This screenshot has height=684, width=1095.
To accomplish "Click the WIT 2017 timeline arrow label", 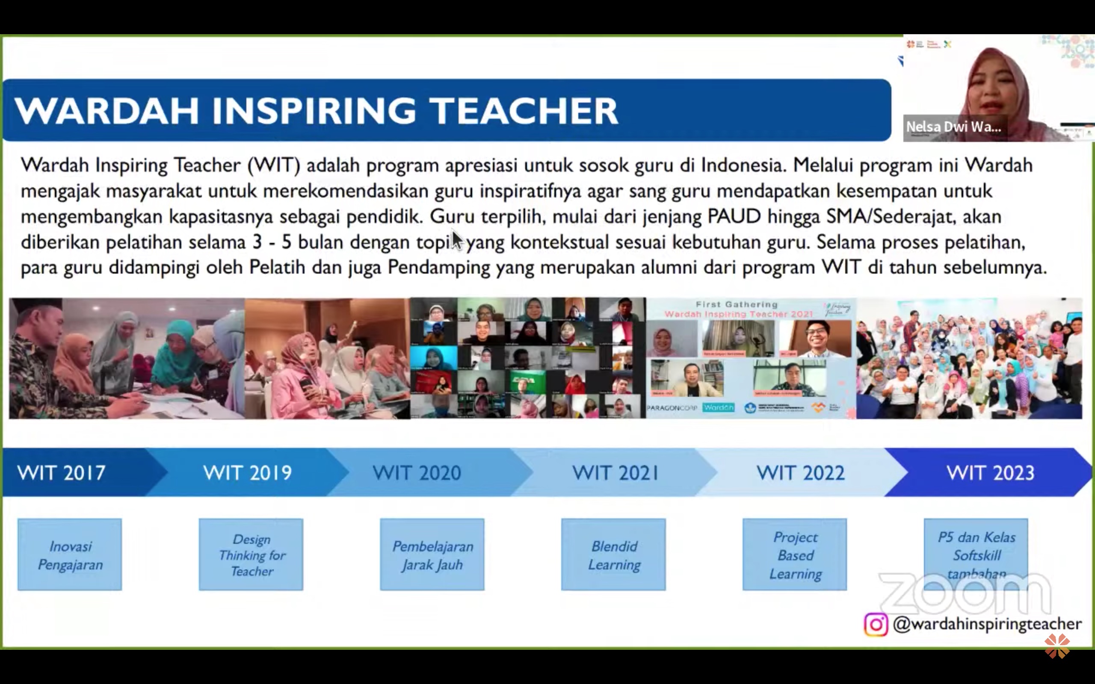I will pos(62,473).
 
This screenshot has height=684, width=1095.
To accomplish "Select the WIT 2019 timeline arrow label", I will pos(248,473).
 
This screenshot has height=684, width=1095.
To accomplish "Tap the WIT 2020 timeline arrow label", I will pos(417,473).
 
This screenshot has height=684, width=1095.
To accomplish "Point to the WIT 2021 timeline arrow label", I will pos(616,473).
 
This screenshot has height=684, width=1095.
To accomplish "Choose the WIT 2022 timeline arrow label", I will pos(800,473).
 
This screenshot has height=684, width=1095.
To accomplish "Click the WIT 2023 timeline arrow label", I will pos(991,473).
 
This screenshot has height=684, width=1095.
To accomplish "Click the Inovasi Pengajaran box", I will pos(70,554).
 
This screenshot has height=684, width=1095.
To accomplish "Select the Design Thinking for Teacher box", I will pos(251,554).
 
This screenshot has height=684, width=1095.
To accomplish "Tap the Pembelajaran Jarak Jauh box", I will pos(432,554).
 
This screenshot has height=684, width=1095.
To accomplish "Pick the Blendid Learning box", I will pos(613,554).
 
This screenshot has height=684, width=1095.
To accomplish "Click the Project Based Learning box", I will pos(795,554).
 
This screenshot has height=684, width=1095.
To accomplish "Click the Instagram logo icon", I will pos(876,625).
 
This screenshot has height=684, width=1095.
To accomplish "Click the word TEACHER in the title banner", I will pos(523,111).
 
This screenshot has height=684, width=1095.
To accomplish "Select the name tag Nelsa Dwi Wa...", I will pos(953,127).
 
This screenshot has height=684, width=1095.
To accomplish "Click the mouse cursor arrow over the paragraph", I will pos(457,239).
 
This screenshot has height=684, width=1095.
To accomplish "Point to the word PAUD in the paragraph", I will pos(734,217).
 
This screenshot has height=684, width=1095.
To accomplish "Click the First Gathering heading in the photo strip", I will pos(737,304).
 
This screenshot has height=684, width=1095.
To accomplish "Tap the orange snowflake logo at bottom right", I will pos(1057,646).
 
